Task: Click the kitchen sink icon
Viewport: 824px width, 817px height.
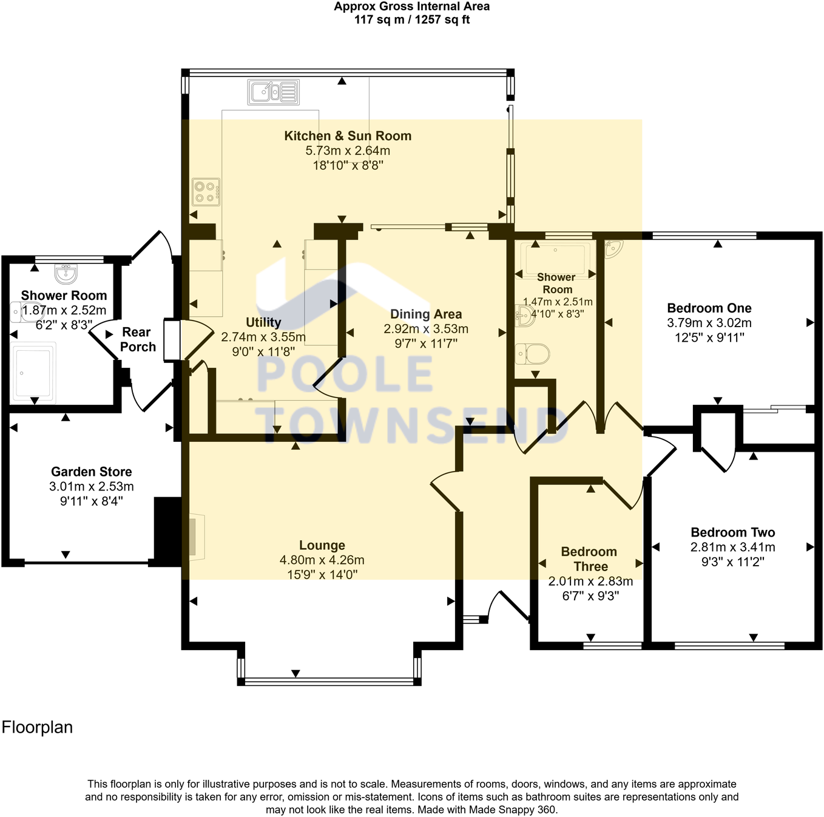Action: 273,92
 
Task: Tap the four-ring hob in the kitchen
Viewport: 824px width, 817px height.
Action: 206,192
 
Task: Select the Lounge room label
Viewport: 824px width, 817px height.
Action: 322,545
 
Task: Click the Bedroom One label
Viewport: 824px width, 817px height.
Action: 709,308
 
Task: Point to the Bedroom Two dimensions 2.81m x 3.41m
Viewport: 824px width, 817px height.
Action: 733,547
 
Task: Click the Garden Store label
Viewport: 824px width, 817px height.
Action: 92,472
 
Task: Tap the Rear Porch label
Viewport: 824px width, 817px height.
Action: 137,339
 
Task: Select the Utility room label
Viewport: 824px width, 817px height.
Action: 263,322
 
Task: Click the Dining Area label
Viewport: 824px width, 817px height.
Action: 426,314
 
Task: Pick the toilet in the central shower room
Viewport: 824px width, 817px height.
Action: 532,354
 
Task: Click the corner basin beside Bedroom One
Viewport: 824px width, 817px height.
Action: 613,249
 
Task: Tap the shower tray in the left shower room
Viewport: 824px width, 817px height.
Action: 33,373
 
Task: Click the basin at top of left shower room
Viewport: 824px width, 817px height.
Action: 66,274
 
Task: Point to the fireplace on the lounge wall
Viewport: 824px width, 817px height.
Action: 197,537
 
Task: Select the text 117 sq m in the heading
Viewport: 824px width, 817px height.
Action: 379,19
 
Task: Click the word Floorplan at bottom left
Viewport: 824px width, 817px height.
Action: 37,727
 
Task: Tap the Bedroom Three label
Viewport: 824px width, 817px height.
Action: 589,558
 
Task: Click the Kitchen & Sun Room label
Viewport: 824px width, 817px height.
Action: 348,135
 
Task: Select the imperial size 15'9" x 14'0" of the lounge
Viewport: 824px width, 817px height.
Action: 322,574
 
